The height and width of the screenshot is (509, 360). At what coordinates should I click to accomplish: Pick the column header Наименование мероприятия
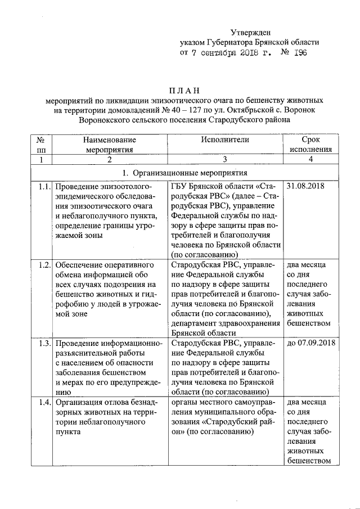pos(110,144)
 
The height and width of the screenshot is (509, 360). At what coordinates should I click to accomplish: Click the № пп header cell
pos(40,144)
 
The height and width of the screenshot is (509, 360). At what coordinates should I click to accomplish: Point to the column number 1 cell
pos(40,160)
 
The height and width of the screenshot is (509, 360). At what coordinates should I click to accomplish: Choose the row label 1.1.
pos(40,185)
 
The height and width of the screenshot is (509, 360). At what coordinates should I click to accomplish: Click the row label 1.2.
pos(40,263)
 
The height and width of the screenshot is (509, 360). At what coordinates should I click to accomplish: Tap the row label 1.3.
pos(40,342)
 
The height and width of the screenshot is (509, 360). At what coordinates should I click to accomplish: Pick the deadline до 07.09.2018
pos(311,342)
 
